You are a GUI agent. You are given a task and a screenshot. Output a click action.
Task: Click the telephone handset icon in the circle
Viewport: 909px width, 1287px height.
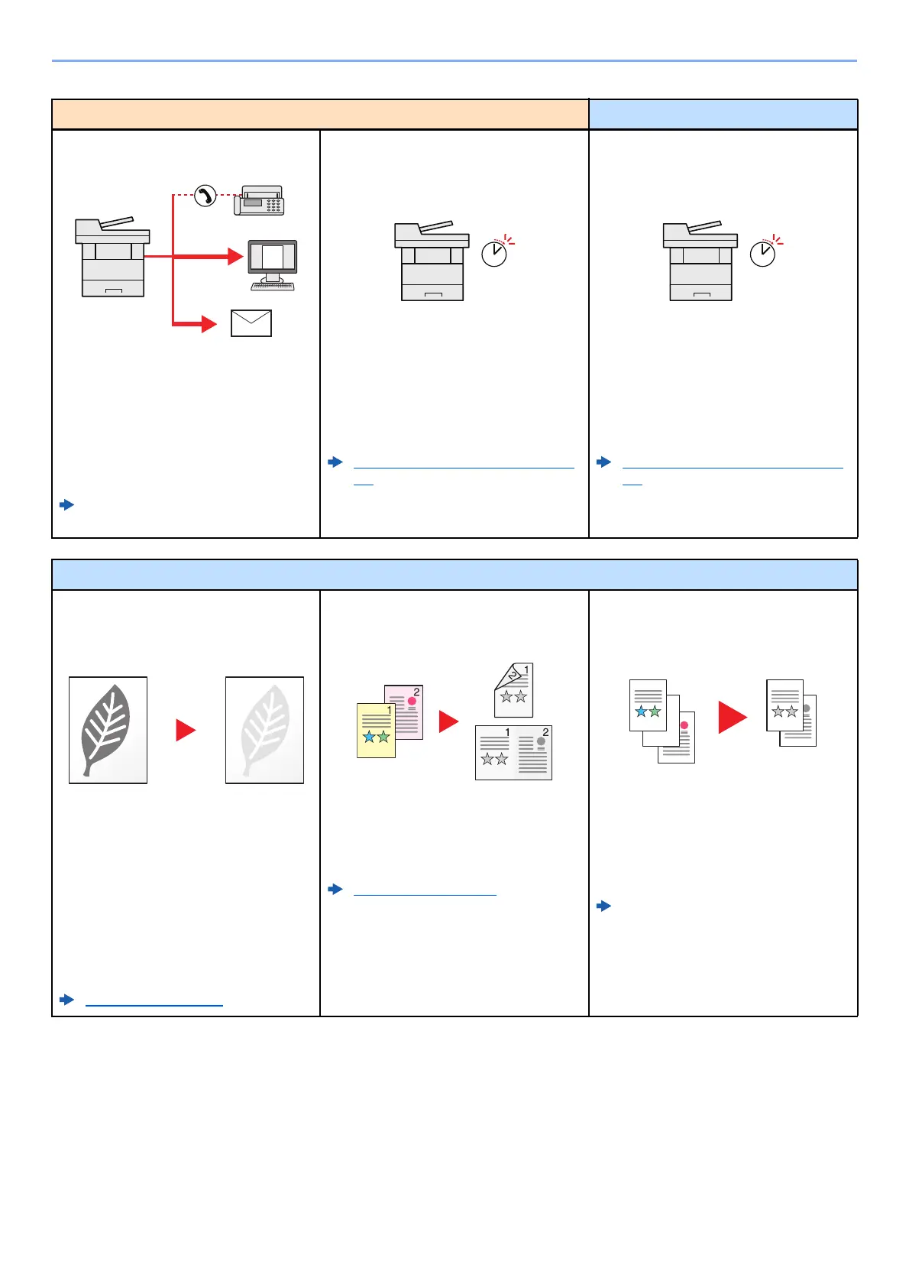coord(205,196)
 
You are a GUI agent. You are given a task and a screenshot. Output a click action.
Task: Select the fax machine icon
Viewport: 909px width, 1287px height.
coord(260,200)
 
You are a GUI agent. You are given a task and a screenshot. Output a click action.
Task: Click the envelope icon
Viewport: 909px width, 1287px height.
coord(251,323)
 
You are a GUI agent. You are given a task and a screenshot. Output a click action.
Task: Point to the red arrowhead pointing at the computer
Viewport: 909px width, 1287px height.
coord(235,256)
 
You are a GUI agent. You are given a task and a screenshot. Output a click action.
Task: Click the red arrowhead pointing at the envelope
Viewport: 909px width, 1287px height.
coord(209,324)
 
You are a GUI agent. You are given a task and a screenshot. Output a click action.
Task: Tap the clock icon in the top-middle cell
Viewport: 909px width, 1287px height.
coord(495,253)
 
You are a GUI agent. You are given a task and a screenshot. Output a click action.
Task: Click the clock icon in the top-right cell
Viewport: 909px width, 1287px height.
coord(763,253)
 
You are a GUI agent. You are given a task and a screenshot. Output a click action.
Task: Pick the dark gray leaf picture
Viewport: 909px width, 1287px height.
coord(108,730)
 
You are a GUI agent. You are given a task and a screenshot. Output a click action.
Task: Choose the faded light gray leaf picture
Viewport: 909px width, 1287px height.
coord(264,730)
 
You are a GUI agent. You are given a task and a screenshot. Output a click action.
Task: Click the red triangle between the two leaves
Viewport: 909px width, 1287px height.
coord(185,730)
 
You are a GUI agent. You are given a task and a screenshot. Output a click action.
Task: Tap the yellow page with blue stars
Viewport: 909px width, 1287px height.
coord(376,731)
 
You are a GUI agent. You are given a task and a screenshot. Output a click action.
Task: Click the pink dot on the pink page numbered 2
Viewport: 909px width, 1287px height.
coord(412,701)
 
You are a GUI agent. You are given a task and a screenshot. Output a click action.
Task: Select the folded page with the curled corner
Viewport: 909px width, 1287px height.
coord(513,690)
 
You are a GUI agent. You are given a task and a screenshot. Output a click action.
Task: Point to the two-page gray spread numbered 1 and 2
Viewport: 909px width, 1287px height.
coord(513,753)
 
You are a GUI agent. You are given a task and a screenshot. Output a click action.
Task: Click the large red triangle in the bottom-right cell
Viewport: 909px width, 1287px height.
coord(732,718)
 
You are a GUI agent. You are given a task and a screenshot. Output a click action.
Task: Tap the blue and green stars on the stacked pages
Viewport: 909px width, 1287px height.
coord(648,712)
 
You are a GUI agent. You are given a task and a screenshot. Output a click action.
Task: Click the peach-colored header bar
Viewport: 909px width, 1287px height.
coord(320,115)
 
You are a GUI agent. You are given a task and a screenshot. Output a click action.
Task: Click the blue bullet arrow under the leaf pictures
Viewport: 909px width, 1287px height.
coord(67,1000)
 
